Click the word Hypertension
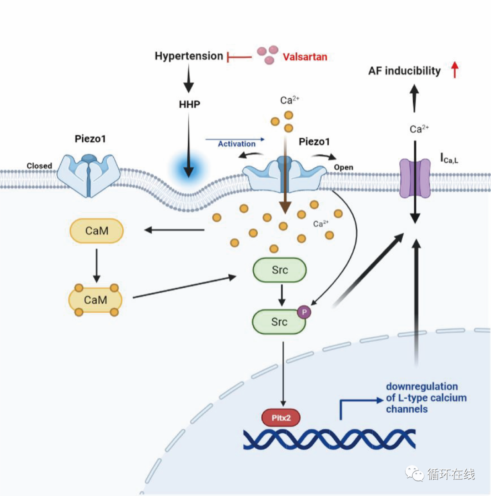point(189,56)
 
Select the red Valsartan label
point(305,57)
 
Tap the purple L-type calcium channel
point(414,177)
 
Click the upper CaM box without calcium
point(96,231)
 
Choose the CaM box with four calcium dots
point(96,300)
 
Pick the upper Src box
point(279,270)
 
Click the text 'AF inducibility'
point(405,70)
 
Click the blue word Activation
point(236,144)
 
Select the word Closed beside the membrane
point(39,165)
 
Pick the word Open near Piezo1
point(343,167)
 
